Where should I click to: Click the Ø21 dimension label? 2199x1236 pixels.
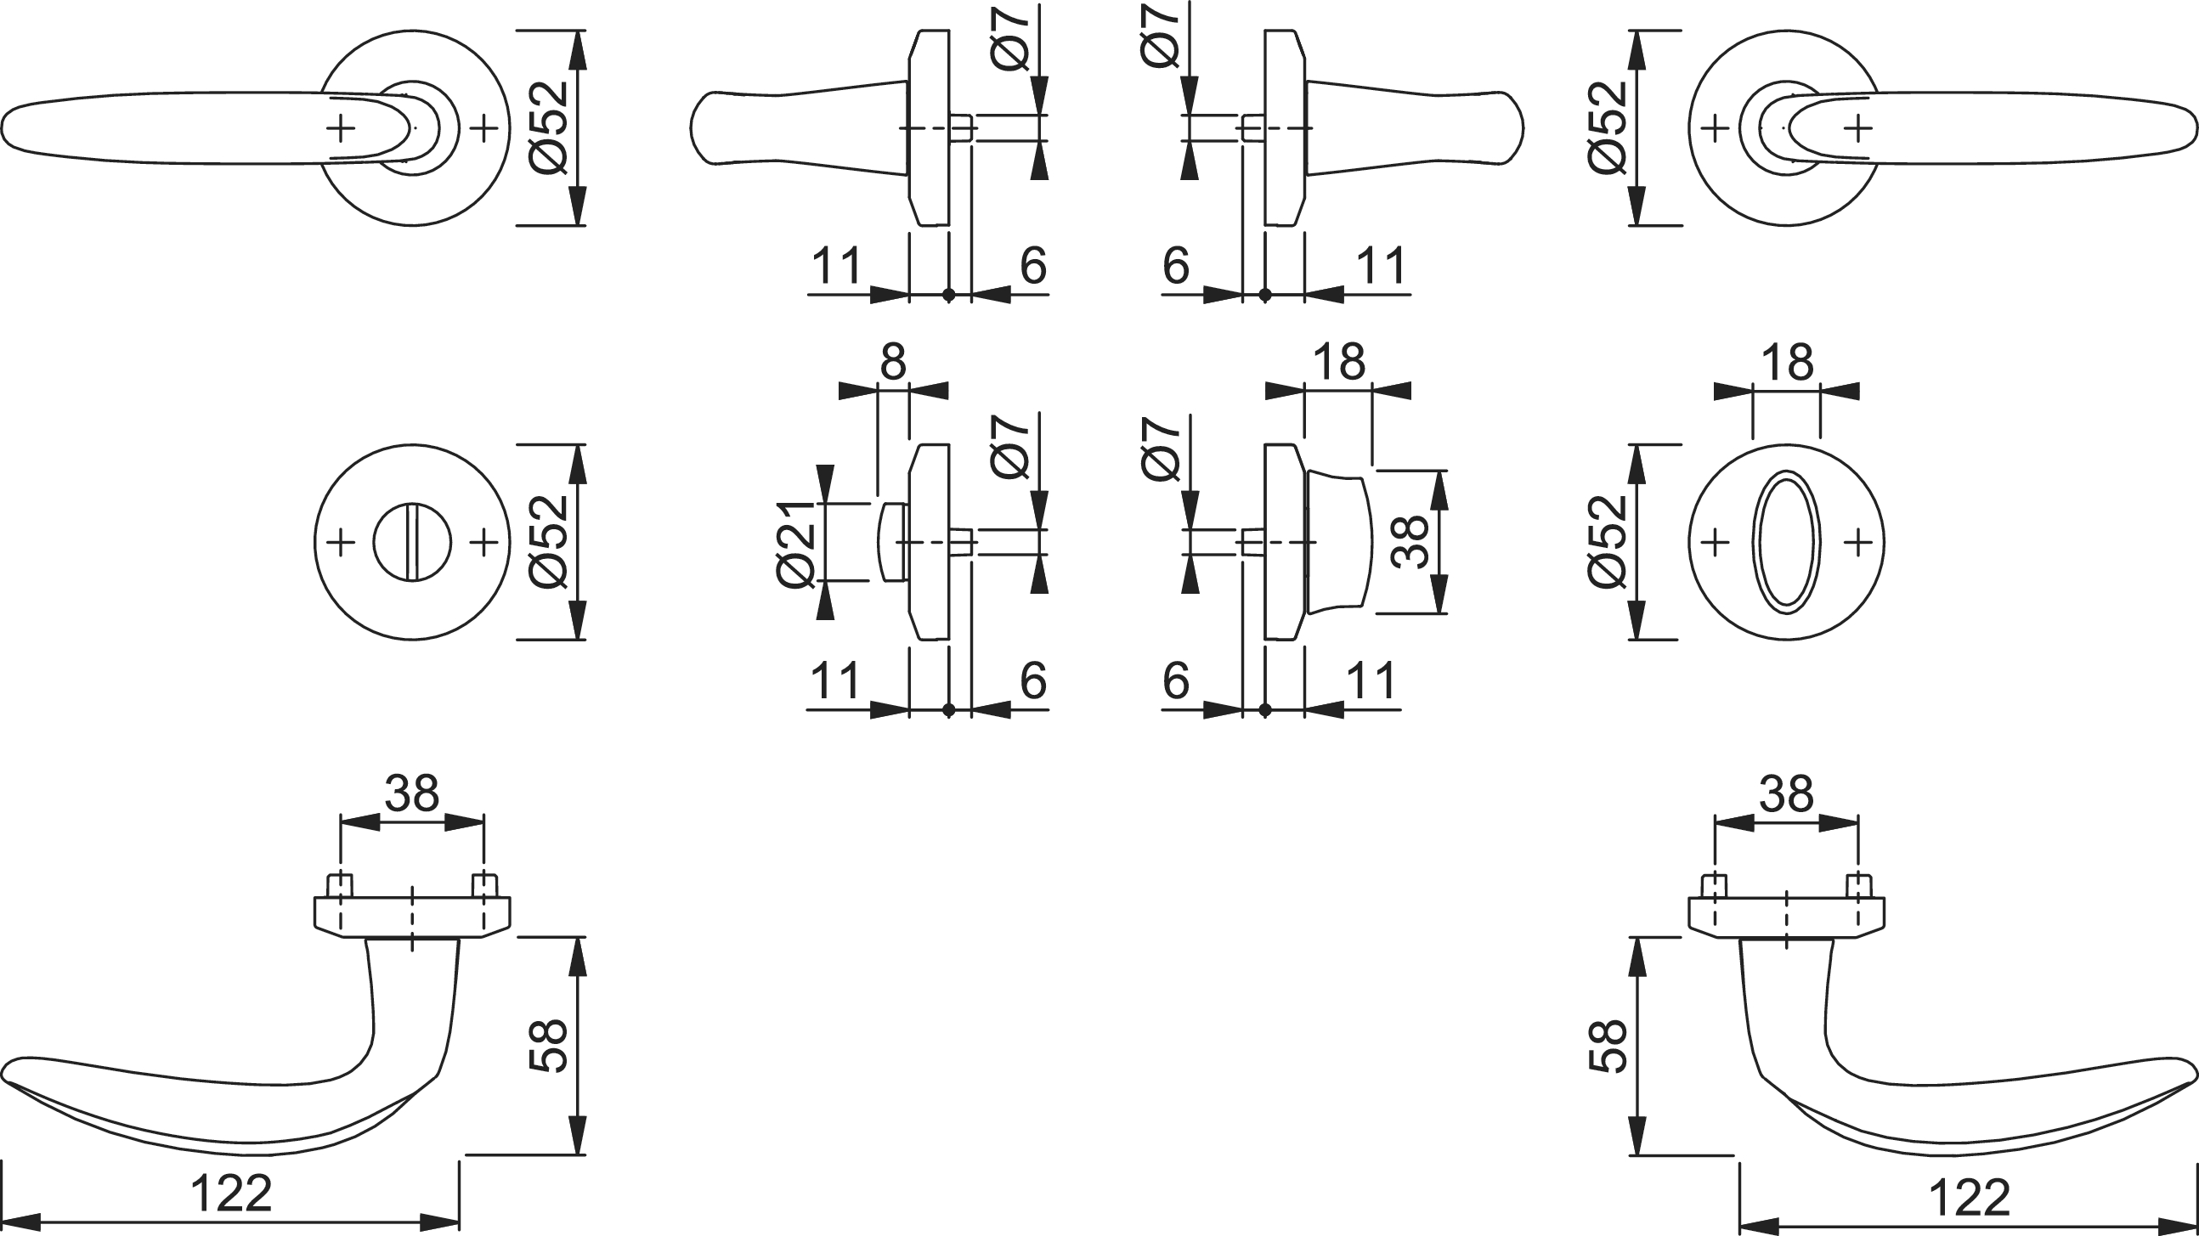click(x=797, y=543)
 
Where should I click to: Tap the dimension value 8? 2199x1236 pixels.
click(x=892, y=362)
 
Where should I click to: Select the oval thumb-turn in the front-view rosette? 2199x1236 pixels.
click(x=1787, y=542)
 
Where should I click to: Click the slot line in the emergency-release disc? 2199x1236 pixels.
click(x=411, y=542)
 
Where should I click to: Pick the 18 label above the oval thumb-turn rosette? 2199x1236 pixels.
click(x=1787, y=362)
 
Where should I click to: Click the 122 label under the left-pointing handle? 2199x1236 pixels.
click(x=230, y=1194)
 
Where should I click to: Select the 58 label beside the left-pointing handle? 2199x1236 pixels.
click(x=549, y=1045)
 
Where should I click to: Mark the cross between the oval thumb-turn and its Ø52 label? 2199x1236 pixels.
click(x=1716, y=542)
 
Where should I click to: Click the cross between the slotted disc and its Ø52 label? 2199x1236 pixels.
click(x=484, y=542)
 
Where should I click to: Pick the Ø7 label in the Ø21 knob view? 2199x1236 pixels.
click(x=1010, y=448)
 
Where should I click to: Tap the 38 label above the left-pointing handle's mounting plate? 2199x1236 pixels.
click(x=411, y=793)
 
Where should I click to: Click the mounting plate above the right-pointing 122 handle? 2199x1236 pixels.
click(x=1787, y=916)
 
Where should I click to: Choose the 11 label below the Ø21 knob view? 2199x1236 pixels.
click(x=834, y=680)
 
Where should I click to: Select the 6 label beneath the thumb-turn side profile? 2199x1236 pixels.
click(x=1175, y=680)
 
